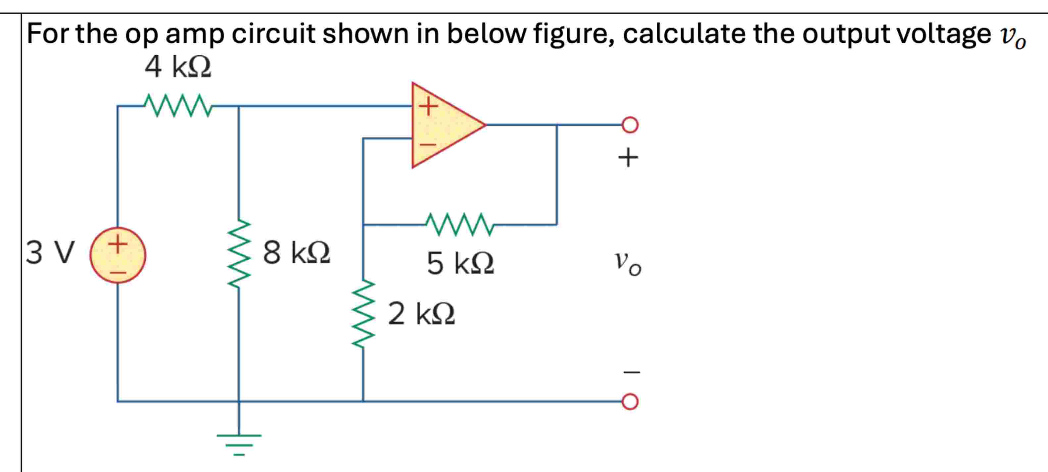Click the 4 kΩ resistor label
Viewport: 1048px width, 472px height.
(178, 67)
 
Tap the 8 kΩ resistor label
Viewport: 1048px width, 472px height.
(296, 252)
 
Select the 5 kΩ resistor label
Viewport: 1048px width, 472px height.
(460, 263)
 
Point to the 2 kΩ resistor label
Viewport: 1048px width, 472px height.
(421, 314)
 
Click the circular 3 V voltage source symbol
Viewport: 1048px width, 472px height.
(118, 255)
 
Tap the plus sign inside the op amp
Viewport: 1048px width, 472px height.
(428, 106)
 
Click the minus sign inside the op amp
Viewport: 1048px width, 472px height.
(428, 144)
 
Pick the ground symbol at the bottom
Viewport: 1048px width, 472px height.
(239, 444)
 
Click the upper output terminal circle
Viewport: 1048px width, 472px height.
(630, 125)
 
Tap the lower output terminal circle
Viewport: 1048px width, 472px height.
(630, 401)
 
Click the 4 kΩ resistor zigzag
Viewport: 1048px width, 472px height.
(178, 106)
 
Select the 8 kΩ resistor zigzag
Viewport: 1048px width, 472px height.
(239, 254)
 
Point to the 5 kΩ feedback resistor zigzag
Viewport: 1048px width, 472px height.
(460, 224)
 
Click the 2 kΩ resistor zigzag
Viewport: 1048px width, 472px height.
(363, 314)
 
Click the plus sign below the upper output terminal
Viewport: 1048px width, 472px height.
(628, 158)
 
